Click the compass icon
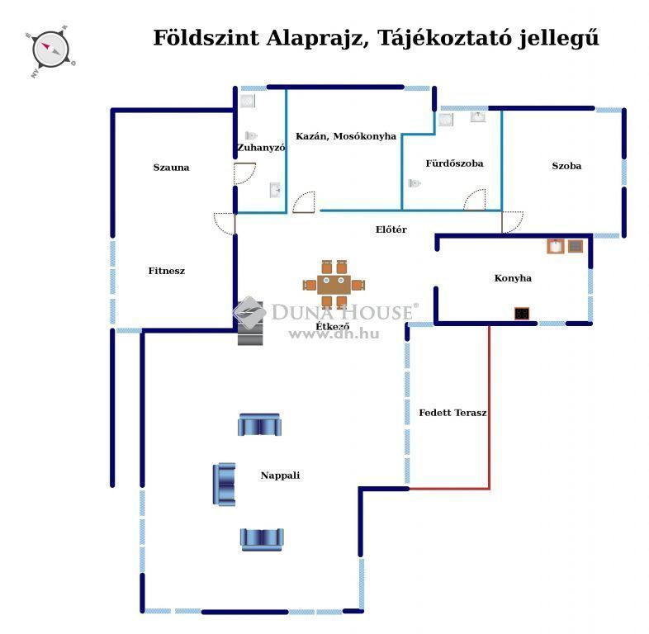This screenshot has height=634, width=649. coord(50,51)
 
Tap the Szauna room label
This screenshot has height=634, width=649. coord(171,168)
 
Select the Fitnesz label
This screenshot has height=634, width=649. coord(167,271)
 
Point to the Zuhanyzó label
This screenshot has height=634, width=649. coord(261,148)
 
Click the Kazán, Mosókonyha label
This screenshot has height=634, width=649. coord(346,136)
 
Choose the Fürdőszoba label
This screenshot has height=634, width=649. coord(454,163)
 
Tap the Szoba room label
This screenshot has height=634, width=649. coord(566,166)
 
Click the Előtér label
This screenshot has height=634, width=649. coord(391,229)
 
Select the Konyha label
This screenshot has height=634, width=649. coord(513,278)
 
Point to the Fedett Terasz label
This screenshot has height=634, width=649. coord(452,413)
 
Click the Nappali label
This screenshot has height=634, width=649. coord(280,475)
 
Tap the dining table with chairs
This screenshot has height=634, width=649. coord(334,284)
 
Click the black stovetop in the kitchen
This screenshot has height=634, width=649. coord(522,313)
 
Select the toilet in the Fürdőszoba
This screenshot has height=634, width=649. coord(414,183)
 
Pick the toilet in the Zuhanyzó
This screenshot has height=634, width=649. coord(251,135)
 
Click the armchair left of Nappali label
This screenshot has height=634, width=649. coord(225,485)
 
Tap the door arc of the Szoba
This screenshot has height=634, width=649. coord(517,226)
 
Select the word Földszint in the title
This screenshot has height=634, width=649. coord(206,38)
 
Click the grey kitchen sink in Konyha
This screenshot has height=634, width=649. coord(576,246)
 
